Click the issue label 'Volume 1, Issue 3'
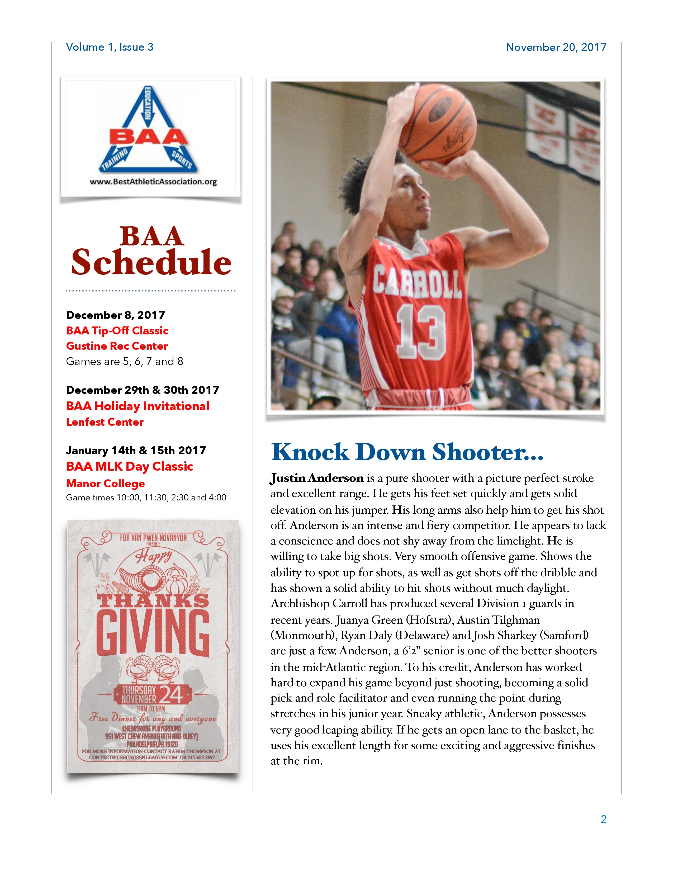109,47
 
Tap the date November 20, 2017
556,47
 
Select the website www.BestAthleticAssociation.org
153,182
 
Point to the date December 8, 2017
115,315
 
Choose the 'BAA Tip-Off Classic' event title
117,331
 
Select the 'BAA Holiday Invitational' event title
138,406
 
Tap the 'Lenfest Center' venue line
105,422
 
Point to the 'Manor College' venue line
105,483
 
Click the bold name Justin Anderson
317,478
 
